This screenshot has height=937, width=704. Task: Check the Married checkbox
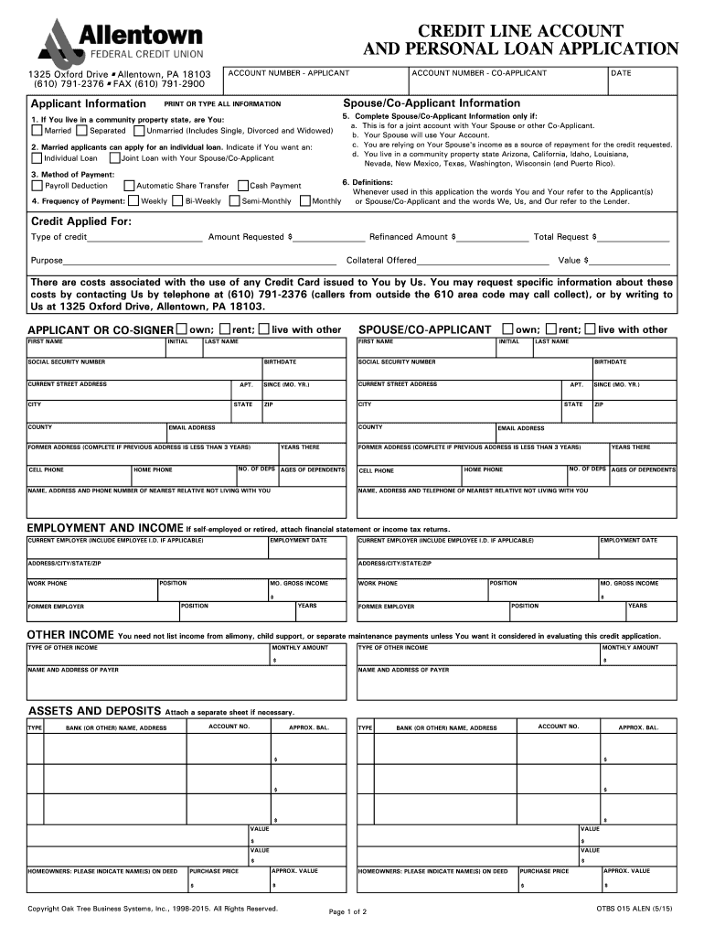click(x=37, y=131)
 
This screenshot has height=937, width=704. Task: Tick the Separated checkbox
click(x=83, y=131)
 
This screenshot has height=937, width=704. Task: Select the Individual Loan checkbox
click(x=37, y=158)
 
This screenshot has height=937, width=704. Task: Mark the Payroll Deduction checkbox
click(x=37, y=186)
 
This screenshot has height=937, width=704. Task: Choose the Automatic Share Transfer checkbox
click(x=128, y=186)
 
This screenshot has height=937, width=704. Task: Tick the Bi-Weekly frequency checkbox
click(x=177, y=200)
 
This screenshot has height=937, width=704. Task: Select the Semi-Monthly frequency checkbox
click(x=234, y=200)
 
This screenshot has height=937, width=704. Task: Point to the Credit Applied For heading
click(x=81, y=221)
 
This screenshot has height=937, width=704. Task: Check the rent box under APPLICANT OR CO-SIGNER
click(x=224, y=328)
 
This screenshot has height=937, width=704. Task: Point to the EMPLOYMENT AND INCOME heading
click(x=104, y=528)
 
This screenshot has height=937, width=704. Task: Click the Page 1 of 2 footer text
click(x=347, y=911)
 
